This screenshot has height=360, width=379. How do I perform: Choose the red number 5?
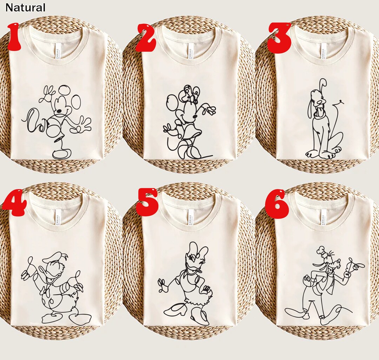click(148, 202)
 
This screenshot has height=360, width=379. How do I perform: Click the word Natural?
click(25, 7)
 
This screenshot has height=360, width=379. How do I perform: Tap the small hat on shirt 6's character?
click(320, 251)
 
